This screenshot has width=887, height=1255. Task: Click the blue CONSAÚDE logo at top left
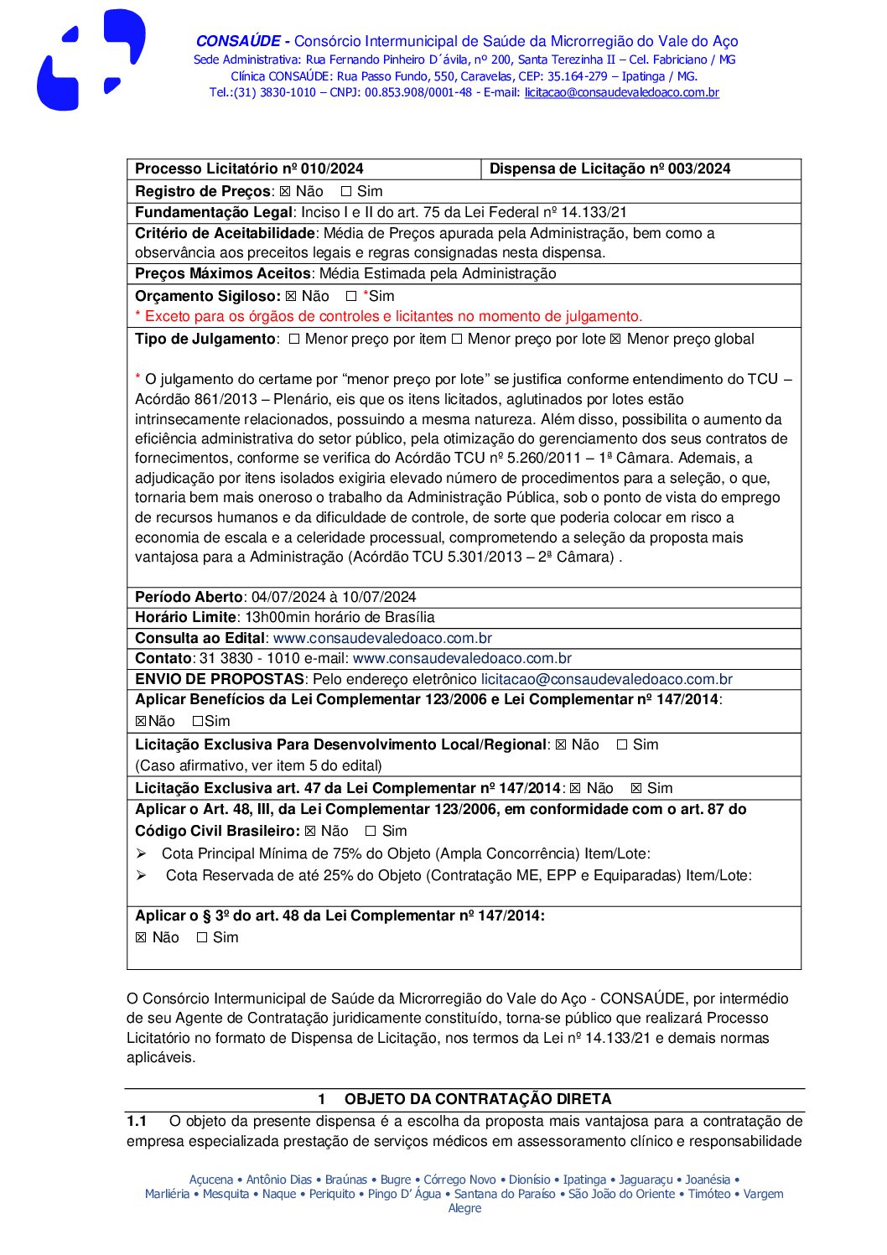90,60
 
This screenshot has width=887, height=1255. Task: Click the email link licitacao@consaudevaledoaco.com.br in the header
621,93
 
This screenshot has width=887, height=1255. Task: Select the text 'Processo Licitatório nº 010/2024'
249,169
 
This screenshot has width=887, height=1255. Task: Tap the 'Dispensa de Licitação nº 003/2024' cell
609,169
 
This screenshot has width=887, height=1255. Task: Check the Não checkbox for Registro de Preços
285,192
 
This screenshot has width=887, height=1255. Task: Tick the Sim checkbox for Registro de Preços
346,192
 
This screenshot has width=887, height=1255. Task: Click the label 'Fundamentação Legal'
213,213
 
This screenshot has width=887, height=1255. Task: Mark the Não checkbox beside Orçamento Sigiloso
291,297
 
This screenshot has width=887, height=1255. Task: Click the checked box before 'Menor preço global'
615,340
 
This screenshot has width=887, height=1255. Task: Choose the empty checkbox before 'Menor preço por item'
294,340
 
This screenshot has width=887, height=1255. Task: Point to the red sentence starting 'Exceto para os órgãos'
393,317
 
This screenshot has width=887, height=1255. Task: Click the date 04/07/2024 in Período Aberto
288,598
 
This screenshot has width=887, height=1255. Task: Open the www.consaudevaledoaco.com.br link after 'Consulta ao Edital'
382,639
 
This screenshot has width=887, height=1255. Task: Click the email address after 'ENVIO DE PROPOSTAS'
606,680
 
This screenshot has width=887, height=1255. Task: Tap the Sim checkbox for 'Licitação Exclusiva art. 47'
636,789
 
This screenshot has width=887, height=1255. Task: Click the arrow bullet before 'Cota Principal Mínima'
142,854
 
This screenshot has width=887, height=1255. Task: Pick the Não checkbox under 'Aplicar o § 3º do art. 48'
141,938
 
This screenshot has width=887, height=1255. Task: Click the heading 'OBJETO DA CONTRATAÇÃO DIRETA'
477,1100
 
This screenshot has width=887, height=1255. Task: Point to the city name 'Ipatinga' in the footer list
584,1180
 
